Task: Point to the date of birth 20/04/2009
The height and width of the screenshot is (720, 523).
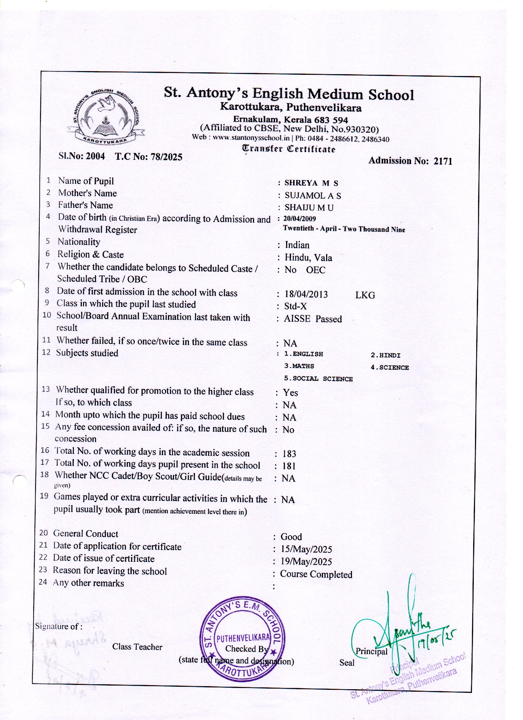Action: click(300, 219)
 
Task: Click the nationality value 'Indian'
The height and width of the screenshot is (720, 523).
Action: click(297, 245)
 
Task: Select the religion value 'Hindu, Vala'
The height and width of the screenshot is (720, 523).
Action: click(308, 257)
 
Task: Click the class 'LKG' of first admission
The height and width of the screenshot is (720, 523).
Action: click(365, 295)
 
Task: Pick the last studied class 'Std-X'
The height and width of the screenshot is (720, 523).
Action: click(295, 306)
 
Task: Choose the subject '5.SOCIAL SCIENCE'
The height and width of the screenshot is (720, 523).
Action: click(318, 379)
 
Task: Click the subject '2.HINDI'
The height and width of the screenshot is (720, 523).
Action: click(385, 355)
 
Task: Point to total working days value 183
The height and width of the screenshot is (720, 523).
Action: click(289, 454)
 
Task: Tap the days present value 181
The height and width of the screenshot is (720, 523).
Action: click(289, 466)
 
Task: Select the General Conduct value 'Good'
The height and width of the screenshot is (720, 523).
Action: click(291, 537)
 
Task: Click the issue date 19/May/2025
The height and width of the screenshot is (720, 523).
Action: click(306, 561)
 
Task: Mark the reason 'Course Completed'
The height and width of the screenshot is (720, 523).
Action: click(316, 574)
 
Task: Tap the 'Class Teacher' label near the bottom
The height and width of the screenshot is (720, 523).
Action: click(137, 647)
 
